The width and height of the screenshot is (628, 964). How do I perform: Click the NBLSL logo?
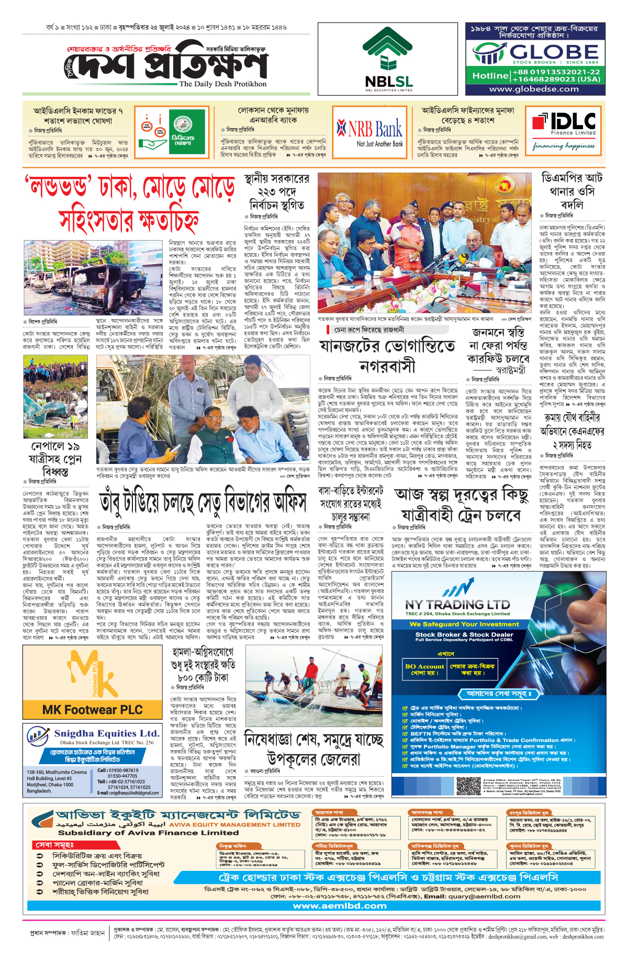(x=389, y=59)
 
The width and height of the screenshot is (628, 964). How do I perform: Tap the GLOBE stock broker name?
(x=554, y=52)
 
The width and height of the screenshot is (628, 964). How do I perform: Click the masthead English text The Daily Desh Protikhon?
(x=222, y=84)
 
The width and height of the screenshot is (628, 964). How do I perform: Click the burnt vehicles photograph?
(x=93, y=277)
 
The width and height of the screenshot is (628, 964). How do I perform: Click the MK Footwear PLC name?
(x=93, y=710)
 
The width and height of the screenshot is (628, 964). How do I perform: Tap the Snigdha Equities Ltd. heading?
(x=107, y=733)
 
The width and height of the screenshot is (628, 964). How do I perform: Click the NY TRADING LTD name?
(x=457, y=604)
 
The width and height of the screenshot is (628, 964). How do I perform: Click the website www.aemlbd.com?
(x=340, y=906)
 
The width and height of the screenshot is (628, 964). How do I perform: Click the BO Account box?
(x=424, y=670)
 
